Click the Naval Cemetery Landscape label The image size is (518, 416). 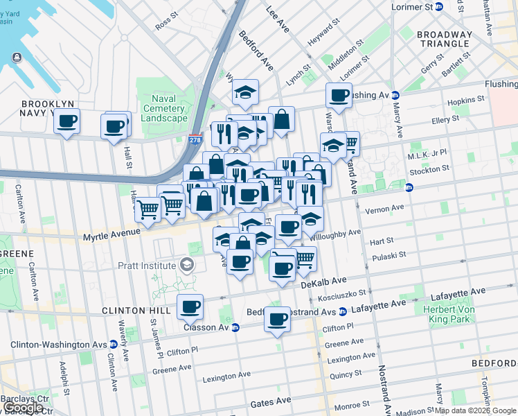[164, 109]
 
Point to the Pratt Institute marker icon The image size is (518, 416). [186, 265]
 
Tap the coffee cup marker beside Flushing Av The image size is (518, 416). [339, 96]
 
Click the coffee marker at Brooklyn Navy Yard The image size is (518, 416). [66, 121]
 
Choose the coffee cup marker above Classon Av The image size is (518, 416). [190, 306]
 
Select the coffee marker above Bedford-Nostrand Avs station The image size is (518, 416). [278, 320]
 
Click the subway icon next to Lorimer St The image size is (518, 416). [438, 6]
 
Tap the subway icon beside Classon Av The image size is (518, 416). [235, 327]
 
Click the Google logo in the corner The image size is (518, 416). [24, 408]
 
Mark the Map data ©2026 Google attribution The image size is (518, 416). [475, 410]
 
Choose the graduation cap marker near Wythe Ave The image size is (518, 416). [245, 92]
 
